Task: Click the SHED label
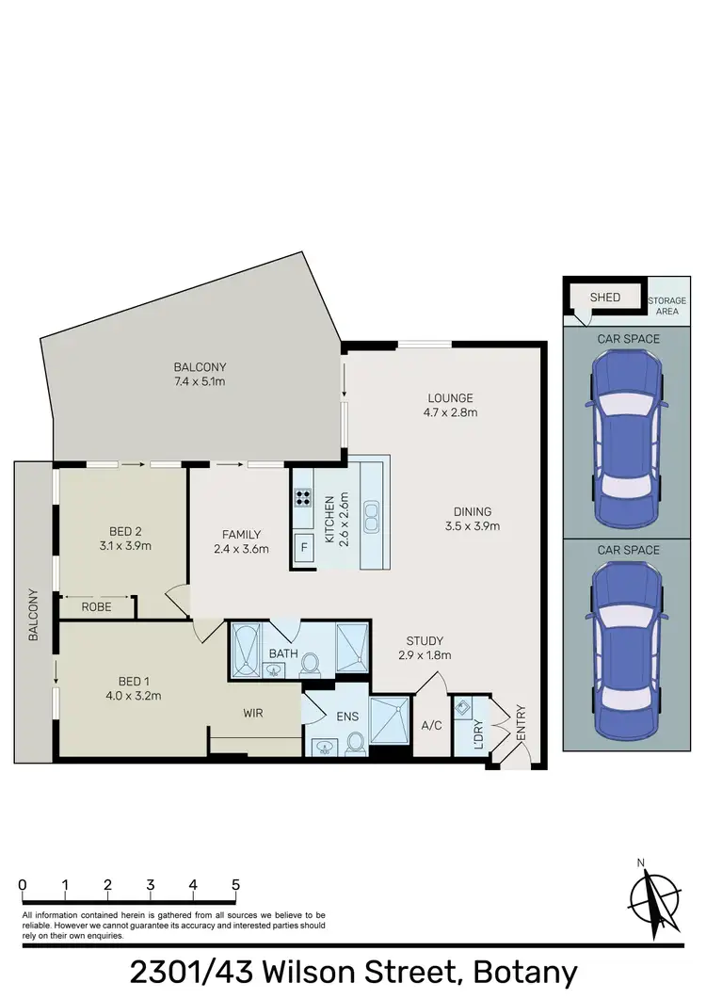click(604, 298)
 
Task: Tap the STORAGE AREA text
click(667, 306)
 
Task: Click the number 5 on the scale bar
click(235, 885)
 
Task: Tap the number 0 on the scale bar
click(22, 885)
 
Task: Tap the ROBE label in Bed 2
click(96, 607)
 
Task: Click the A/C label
click(432, 726)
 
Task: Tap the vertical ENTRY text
click(521, 723)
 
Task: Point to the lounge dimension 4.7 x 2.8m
click(450, 412)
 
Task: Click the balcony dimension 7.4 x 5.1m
click(200, 381)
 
